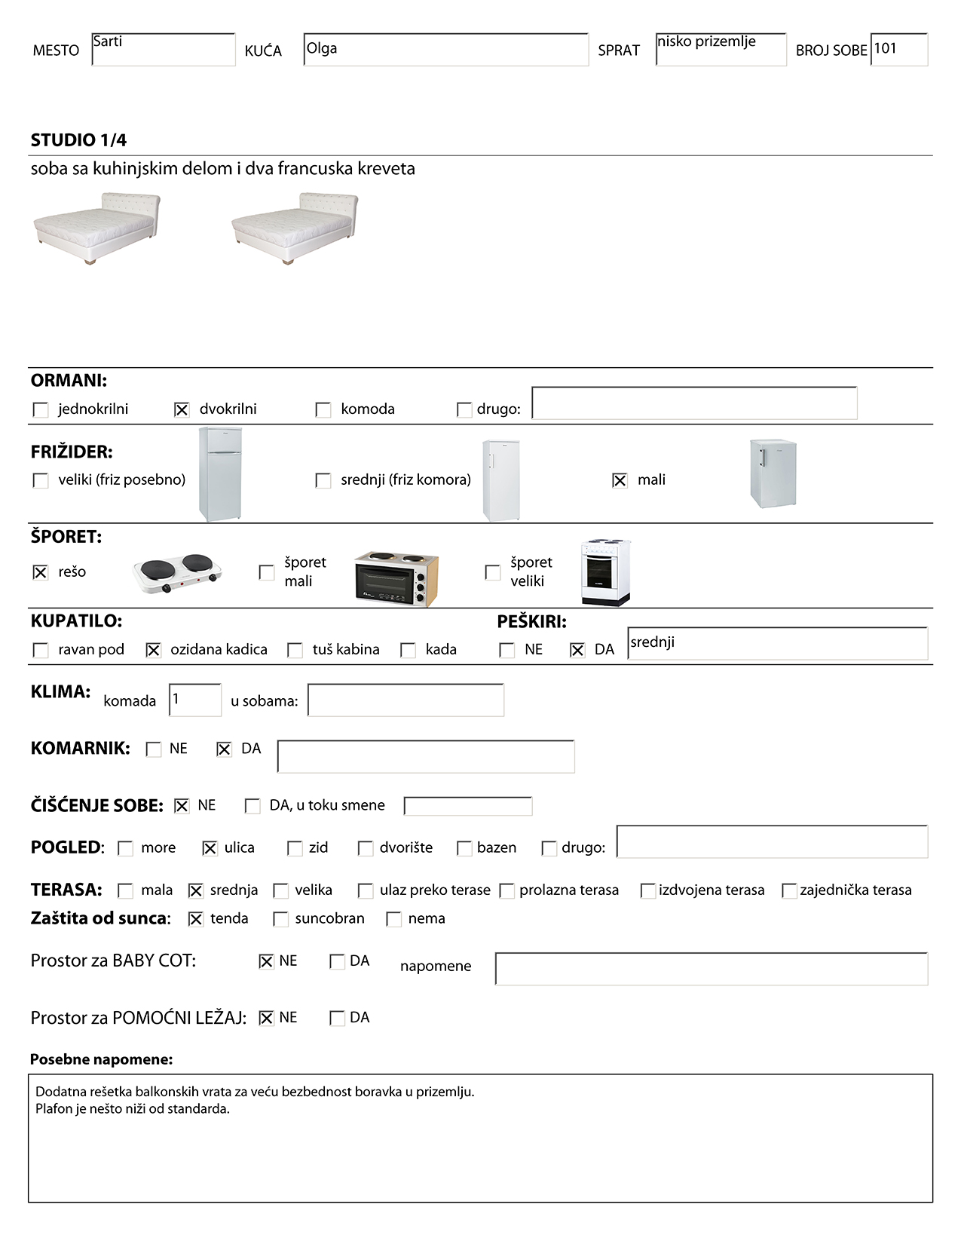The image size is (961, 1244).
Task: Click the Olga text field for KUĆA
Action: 445,50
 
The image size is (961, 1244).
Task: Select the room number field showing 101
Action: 898,50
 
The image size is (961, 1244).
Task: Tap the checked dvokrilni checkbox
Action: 182,409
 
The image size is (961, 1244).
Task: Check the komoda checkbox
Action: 323,409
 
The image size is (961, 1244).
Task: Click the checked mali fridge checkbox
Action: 620,480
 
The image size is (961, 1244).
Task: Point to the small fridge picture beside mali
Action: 773,473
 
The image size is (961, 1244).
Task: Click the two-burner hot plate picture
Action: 178,573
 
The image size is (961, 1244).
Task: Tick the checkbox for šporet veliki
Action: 493,572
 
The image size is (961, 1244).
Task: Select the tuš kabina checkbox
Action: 295,650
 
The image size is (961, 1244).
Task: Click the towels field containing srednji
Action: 777,644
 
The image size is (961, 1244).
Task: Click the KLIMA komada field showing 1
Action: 195,700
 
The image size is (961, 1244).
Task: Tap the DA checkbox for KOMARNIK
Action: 224,749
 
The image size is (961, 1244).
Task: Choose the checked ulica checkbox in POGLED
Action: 210,848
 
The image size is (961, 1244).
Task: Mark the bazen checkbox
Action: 464,848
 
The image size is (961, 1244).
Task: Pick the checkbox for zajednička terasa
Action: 789,890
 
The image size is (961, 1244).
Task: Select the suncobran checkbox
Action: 280,919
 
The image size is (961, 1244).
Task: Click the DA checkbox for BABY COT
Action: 337,961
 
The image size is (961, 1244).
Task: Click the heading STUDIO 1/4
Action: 78,140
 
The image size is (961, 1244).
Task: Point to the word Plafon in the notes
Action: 54,1109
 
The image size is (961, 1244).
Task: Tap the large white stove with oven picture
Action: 605,572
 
